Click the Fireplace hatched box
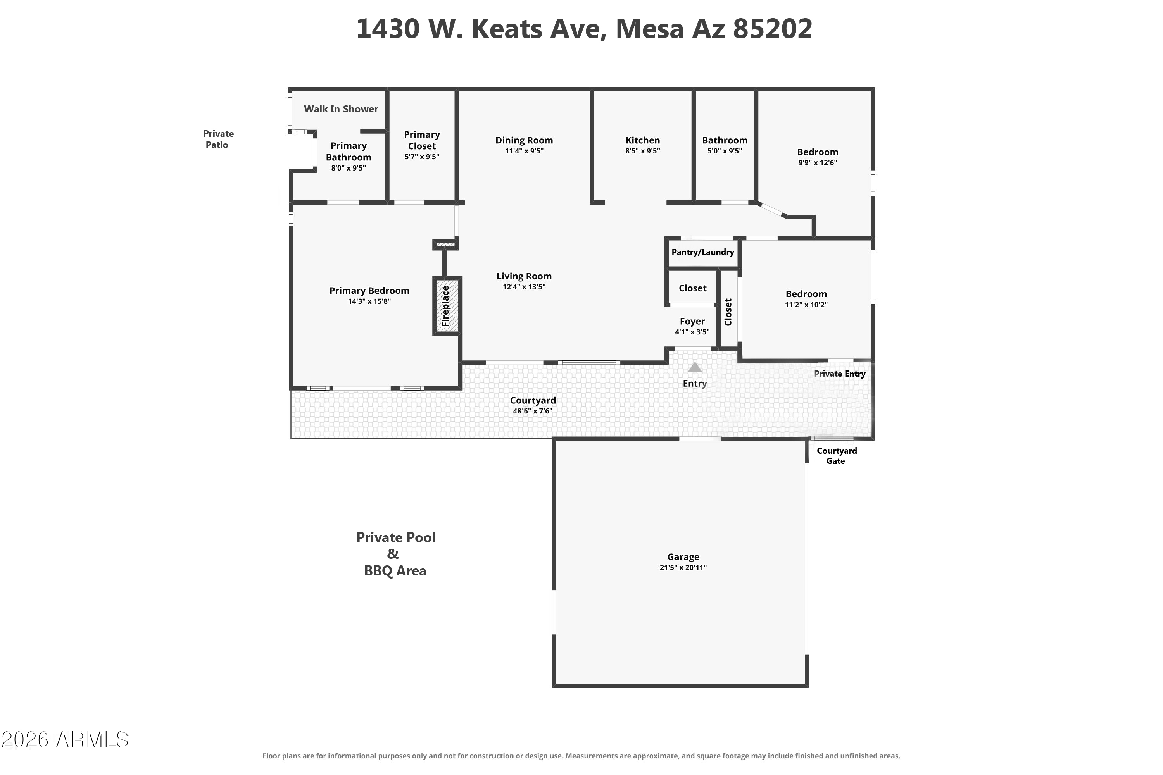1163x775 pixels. pyautogui.click(x=447, y=306)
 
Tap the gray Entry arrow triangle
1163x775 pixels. pyautogui.click(x=695, y=367)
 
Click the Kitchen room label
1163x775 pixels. pyautogui.click(x=642, y=140)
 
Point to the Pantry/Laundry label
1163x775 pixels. pyautogui.click(x=702, y=252)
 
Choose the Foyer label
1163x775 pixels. pyautogui.click(x=692, y=321)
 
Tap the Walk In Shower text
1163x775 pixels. pyautogui.click(x=341, y=109)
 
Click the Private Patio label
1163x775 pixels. pyautogui.click(x=218, y=139)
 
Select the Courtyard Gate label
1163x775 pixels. pyautogui.click(x=837, y=456)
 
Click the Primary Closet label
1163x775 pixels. pyautogui.click(x=422, y=140)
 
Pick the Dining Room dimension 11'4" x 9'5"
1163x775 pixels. pyautogui.click(x=524, y=151)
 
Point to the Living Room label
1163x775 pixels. pyautogui.click(x=524, y=276)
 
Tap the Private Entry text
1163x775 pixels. pyautogui.click(x=840, y=374)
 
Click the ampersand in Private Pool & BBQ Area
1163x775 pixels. pyautogui.click(x=393, y=554)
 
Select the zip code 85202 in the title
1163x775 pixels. pyautogui.click(x=772, y=29)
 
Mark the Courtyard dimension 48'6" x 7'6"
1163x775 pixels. pyautogui.click(x=533, y=411)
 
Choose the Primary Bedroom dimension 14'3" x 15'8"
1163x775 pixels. pyautogui.click(x=369, y=301)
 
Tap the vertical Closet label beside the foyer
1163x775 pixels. pyautogui.click(x=728, y=312)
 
